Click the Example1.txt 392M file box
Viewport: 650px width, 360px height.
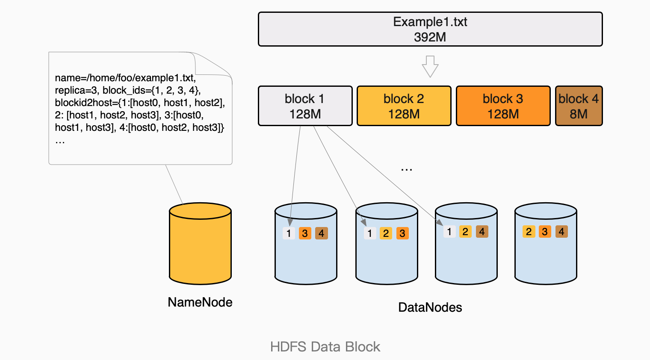pos(430,29)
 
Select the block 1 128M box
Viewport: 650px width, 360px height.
pos(305,106)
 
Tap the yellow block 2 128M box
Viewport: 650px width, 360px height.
pos(404,106)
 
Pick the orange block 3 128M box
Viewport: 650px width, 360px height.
pos(503,106)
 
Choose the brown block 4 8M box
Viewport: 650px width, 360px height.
pos(578,106)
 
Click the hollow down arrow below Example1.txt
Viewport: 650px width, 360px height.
pos(430,66)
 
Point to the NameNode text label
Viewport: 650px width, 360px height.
pos(200,302)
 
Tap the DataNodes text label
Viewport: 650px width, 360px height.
pos(430,307)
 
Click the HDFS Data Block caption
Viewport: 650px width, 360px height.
pos(325,347)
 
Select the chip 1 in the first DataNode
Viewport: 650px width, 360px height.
pos(289,233)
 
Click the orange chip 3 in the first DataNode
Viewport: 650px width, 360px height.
pos(305,233)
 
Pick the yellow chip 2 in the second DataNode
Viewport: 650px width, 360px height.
pos(386,233)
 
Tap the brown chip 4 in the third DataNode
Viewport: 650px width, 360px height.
pos(482,232)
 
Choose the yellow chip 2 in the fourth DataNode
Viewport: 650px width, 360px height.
pos(529,232)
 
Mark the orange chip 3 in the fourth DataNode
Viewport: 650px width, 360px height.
pos(545,232)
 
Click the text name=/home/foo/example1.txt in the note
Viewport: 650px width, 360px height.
pos(125,78)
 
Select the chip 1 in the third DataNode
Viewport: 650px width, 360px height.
pos(449,232)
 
